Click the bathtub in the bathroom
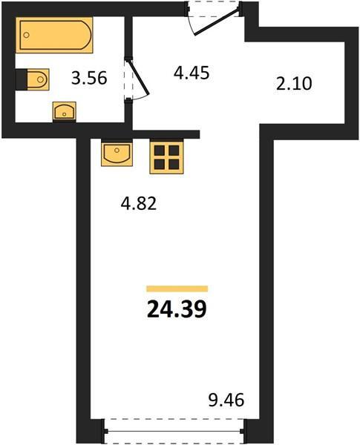(x=54, y=35)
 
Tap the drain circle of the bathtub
(x=27, y=35)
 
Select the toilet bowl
(x=38, y=79)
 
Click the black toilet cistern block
(x=22, y=79)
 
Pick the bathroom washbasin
(x=65, y=111)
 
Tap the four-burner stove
(x=166, y=157)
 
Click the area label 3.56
(x=89, y=78)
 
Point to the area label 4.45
(x=192, y=73)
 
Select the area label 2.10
(x=294, y=84)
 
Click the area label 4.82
(x=139, y=203)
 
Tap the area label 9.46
(x=226, y=400)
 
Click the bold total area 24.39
(x=177, y=309)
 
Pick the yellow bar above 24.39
(x=177, y=289)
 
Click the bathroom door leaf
(x=138, y=76)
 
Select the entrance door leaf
(x=217, y=22)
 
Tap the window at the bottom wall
(x=174, y=431)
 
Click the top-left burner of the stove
(x=160, y=151)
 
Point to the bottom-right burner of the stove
(x=174, y=165)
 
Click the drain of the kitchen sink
(x=117, y=150)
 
